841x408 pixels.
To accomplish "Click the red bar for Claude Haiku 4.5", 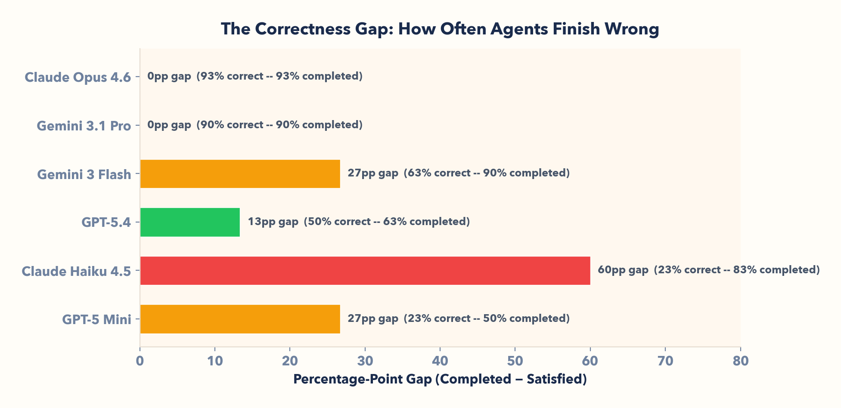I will (x=365, y=271).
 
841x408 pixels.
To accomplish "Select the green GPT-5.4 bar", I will (x=190, y=222).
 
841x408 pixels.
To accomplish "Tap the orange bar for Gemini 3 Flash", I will (x=240, y=174).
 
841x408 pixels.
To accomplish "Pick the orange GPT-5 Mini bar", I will (x=240, y=319).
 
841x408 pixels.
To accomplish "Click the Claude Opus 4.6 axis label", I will (x=78, y=77).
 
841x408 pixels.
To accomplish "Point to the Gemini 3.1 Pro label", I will (x=84, y=126).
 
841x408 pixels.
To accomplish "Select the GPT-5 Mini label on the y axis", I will (x=96, y=319).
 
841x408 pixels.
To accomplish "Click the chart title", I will (x=440, y=29).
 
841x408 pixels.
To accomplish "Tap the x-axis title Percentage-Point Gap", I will (x=440, y=379).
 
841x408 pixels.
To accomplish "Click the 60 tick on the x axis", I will (x=590, y=361).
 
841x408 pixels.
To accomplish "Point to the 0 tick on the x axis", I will (x=140, y=361).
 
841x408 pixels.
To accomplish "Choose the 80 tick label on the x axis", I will (x=740, y=361).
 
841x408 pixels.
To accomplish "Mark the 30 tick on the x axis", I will (x=365, y=361).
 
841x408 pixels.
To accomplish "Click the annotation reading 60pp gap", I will (x=623, y=270).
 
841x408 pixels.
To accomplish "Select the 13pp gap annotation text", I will (x=273, y=222).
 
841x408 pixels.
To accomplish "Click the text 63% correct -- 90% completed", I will (x=487, y=173).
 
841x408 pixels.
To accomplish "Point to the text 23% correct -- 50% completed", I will (x=487, y=318).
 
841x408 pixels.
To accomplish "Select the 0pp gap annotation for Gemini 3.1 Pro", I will (x=169, y=125).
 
